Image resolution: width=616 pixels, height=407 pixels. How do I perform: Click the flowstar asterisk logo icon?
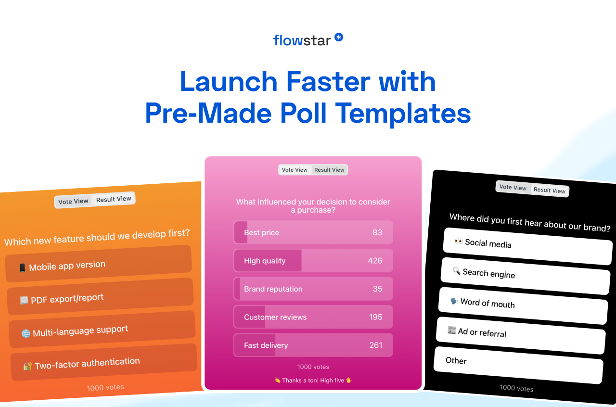(339, 37)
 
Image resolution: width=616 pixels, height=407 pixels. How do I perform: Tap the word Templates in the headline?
(403, 114)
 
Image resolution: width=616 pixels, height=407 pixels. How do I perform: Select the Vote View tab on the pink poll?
(295, 170)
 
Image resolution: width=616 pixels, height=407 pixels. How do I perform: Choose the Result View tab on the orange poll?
(114, 199)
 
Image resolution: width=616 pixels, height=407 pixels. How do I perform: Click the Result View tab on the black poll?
(549, 190)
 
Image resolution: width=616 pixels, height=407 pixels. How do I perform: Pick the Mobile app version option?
(99, 264)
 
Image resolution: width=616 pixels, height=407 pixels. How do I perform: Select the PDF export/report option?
(101, 297)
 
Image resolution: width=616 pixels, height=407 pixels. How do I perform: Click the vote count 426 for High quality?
(375, 261)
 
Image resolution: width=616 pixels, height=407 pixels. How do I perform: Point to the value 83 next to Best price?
(377, 232)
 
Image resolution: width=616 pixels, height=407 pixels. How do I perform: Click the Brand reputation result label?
(273, 289)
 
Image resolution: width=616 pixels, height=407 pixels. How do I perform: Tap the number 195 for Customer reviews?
(375, 317)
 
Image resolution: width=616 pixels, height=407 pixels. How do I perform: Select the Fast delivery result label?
(266, 345)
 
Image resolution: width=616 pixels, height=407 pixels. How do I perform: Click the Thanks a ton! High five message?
(313, 381)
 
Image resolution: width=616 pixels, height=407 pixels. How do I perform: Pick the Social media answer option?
(527, 246)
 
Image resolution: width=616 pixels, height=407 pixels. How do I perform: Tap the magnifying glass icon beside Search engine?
(456, 271)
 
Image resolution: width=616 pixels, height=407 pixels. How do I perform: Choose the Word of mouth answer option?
(523, 306)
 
